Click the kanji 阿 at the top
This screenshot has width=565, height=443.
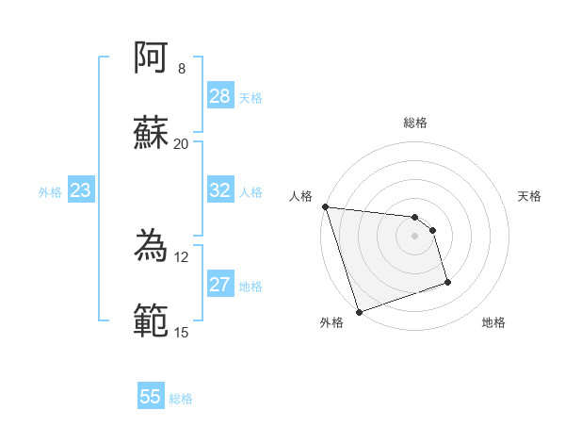(152, 58)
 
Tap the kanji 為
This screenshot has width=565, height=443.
(152, 247)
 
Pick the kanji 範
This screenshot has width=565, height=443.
(152, 321)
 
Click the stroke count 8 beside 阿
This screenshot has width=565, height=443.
(181, 69)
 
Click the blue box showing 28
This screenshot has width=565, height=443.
(220, 96)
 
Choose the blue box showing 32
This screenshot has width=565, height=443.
(220, 190)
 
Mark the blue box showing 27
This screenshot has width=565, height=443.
(220, 286)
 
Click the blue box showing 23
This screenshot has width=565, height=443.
(81, 191)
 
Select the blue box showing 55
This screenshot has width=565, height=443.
(151, 397)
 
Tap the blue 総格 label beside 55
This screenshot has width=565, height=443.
(181, 399)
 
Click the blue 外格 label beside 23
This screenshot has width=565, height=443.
(50, 192)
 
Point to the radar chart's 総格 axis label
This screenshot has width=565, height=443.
(415, 123)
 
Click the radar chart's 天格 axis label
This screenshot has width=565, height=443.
(529, 196)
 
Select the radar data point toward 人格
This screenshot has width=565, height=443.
(325, 206)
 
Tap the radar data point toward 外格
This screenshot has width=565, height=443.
(359, 311)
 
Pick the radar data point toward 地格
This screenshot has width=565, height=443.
(447, 282)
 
